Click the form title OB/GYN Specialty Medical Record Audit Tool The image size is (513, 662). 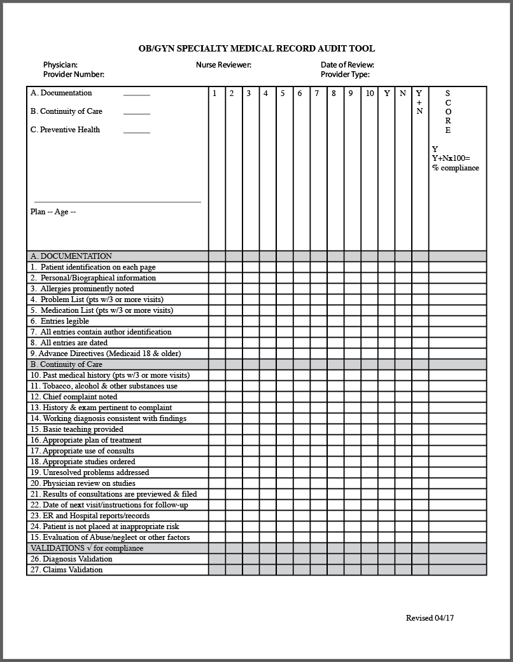[256, 48]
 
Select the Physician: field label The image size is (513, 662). [60, 65]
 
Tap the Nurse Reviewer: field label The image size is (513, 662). [223, 65]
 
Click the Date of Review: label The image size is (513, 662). [347, 65]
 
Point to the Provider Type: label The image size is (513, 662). [345, 74]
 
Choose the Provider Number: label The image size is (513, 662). [74, 74]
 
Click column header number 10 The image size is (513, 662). [370, 93]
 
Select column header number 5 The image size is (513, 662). [283, 93]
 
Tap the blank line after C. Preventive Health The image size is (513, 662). [137, 132]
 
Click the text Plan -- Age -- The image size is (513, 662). [53, 212]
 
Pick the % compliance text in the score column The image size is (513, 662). [456, 168]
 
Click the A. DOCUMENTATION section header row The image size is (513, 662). [71, 256]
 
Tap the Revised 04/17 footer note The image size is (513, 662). [430, 618]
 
